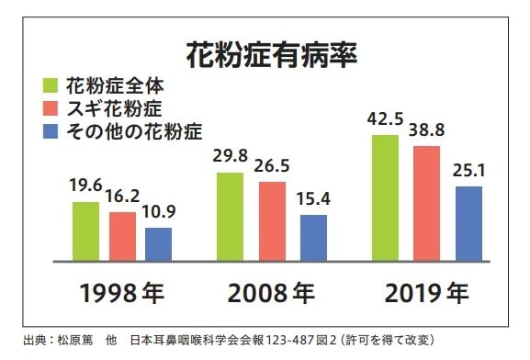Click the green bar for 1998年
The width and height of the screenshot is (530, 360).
click(85, 231)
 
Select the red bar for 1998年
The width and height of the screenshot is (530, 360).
click(121, 237)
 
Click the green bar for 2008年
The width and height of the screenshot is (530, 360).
click(230, 217)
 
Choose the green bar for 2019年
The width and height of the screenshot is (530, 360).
click(386, 197)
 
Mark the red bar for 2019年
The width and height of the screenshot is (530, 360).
click(425, 203)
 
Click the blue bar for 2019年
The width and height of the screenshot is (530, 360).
click(468, 224)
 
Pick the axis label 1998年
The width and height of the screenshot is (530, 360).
click(121, 295)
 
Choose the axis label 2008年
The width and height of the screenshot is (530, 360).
click(272, 295)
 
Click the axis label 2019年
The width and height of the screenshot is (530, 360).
click(425, 295)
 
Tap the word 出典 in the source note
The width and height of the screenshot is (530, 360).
click(29, 342)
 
